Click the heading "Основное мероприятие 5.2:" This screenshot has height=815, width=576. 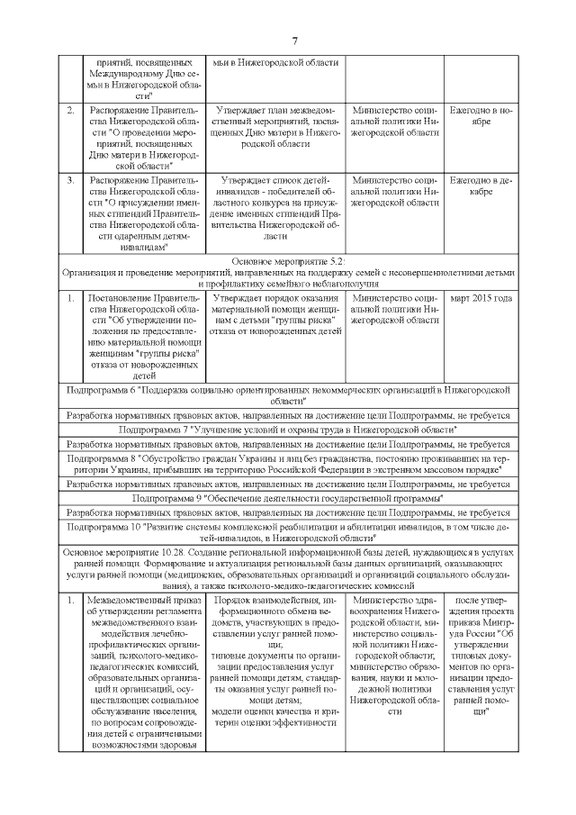(288, 260)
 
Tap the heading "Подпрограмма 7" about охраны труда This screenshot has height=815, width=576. (288, 430)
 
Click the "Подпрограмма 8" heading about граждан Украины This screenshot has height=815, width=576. (288, 464)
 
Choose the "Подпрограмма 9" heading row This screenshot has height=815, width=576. (288, 497)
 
